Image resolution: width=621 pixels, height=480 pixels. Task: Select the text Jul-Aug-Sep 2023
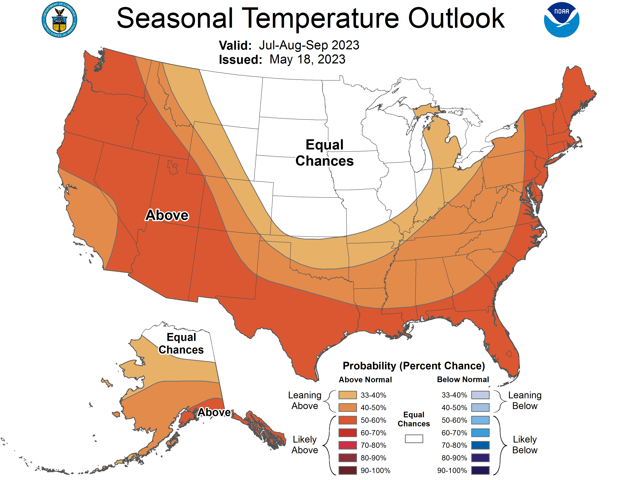point(309,45)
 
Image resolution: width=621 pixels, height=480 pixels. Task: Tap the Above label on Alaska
point(214,412)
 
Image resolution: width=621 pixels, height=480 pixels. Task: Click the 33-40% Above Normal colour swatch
point(347,395)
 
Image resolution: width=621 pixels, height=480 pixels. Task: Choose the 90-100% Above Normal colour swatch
point(347,470)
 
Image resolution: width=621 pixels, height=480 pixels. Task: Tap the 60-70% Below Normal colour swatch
point(480,433)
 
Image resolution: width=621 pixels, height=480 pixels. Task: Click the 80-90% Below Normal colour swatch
point(480,458)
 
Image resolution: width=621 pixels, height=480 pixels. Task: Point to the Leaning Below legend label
point(525,400)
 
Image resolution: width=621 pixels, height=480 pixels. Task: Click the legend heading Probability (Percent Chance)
point(414,366)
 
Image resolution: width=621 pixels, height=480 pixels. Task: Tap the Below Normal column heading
point(463,380)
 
